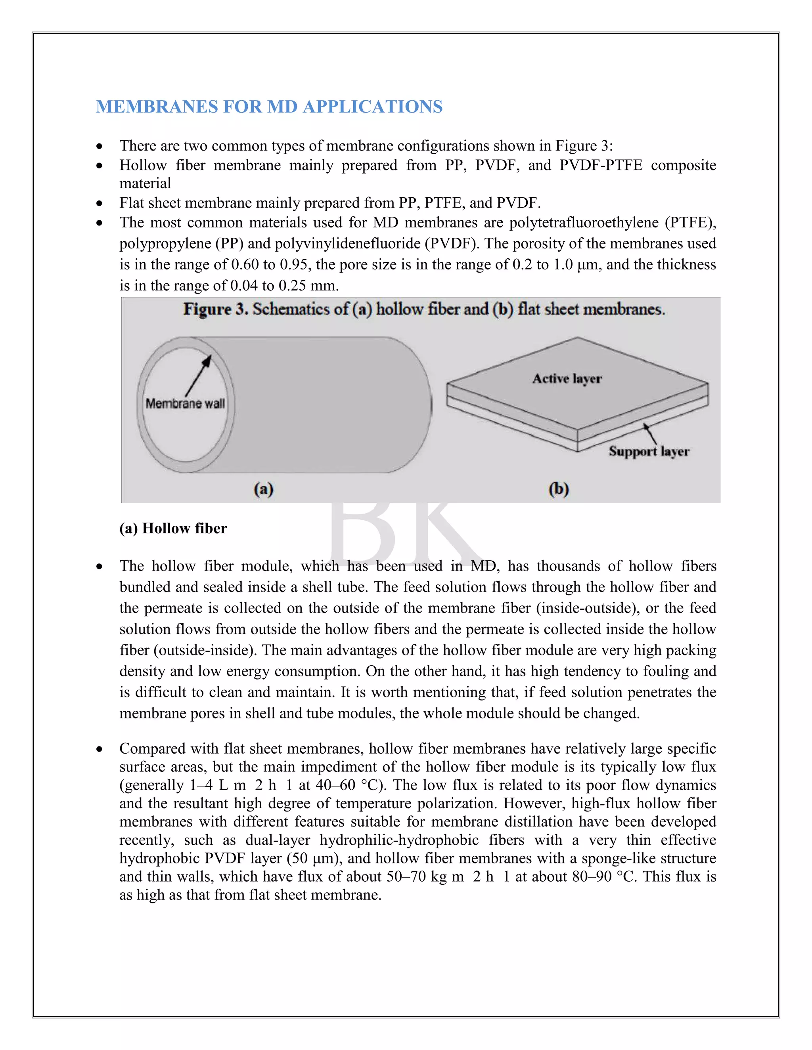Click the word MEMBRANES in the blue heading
(x=156, y=107)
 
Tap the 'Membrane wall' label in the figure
(x=185, y=403)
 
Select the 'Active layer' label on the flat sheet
(x=567, y=379)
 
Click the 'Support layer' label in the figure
(x=649, y=451)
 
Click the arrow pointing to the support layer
(x=650, y=433)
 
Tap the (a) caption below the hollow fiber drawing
(x=264, y=489)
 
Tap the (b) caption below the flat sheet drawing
(x=559, y=489)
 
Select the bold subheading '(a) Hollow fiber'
(x=173, y=528)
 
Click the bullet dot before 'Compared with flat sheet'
(x=100, y=749)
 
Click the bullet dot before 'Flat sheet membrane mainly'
(x=100, y=203)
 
